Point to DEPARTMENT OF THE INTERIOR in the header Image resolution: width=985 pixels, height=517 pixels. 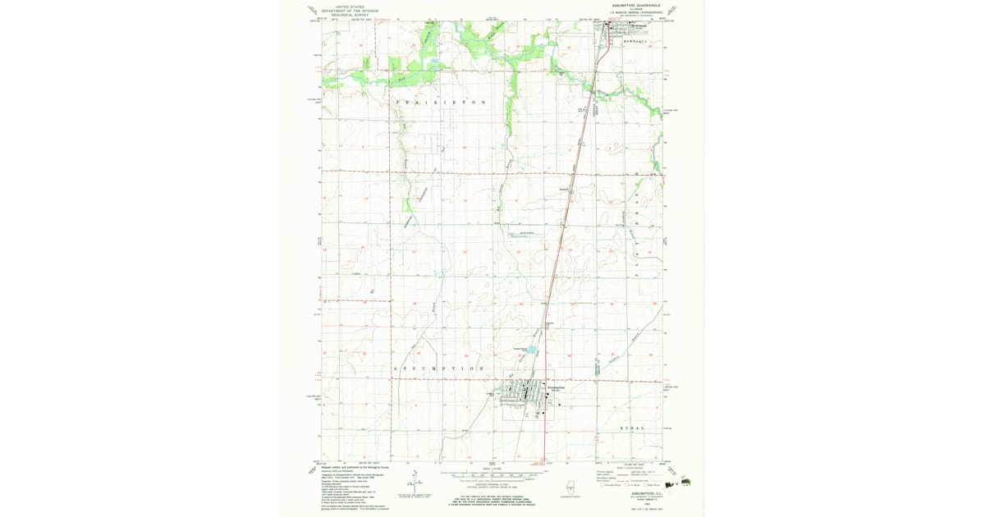click(345, 10)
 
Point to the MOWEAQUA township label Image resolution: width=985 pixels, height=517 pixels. click(635, 40)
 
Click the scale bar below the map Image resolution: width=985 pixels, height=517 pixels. click(492, 474)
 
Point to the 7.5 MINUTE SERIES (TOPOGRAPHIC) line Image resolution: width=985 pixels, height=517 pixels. click(637, 12)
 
